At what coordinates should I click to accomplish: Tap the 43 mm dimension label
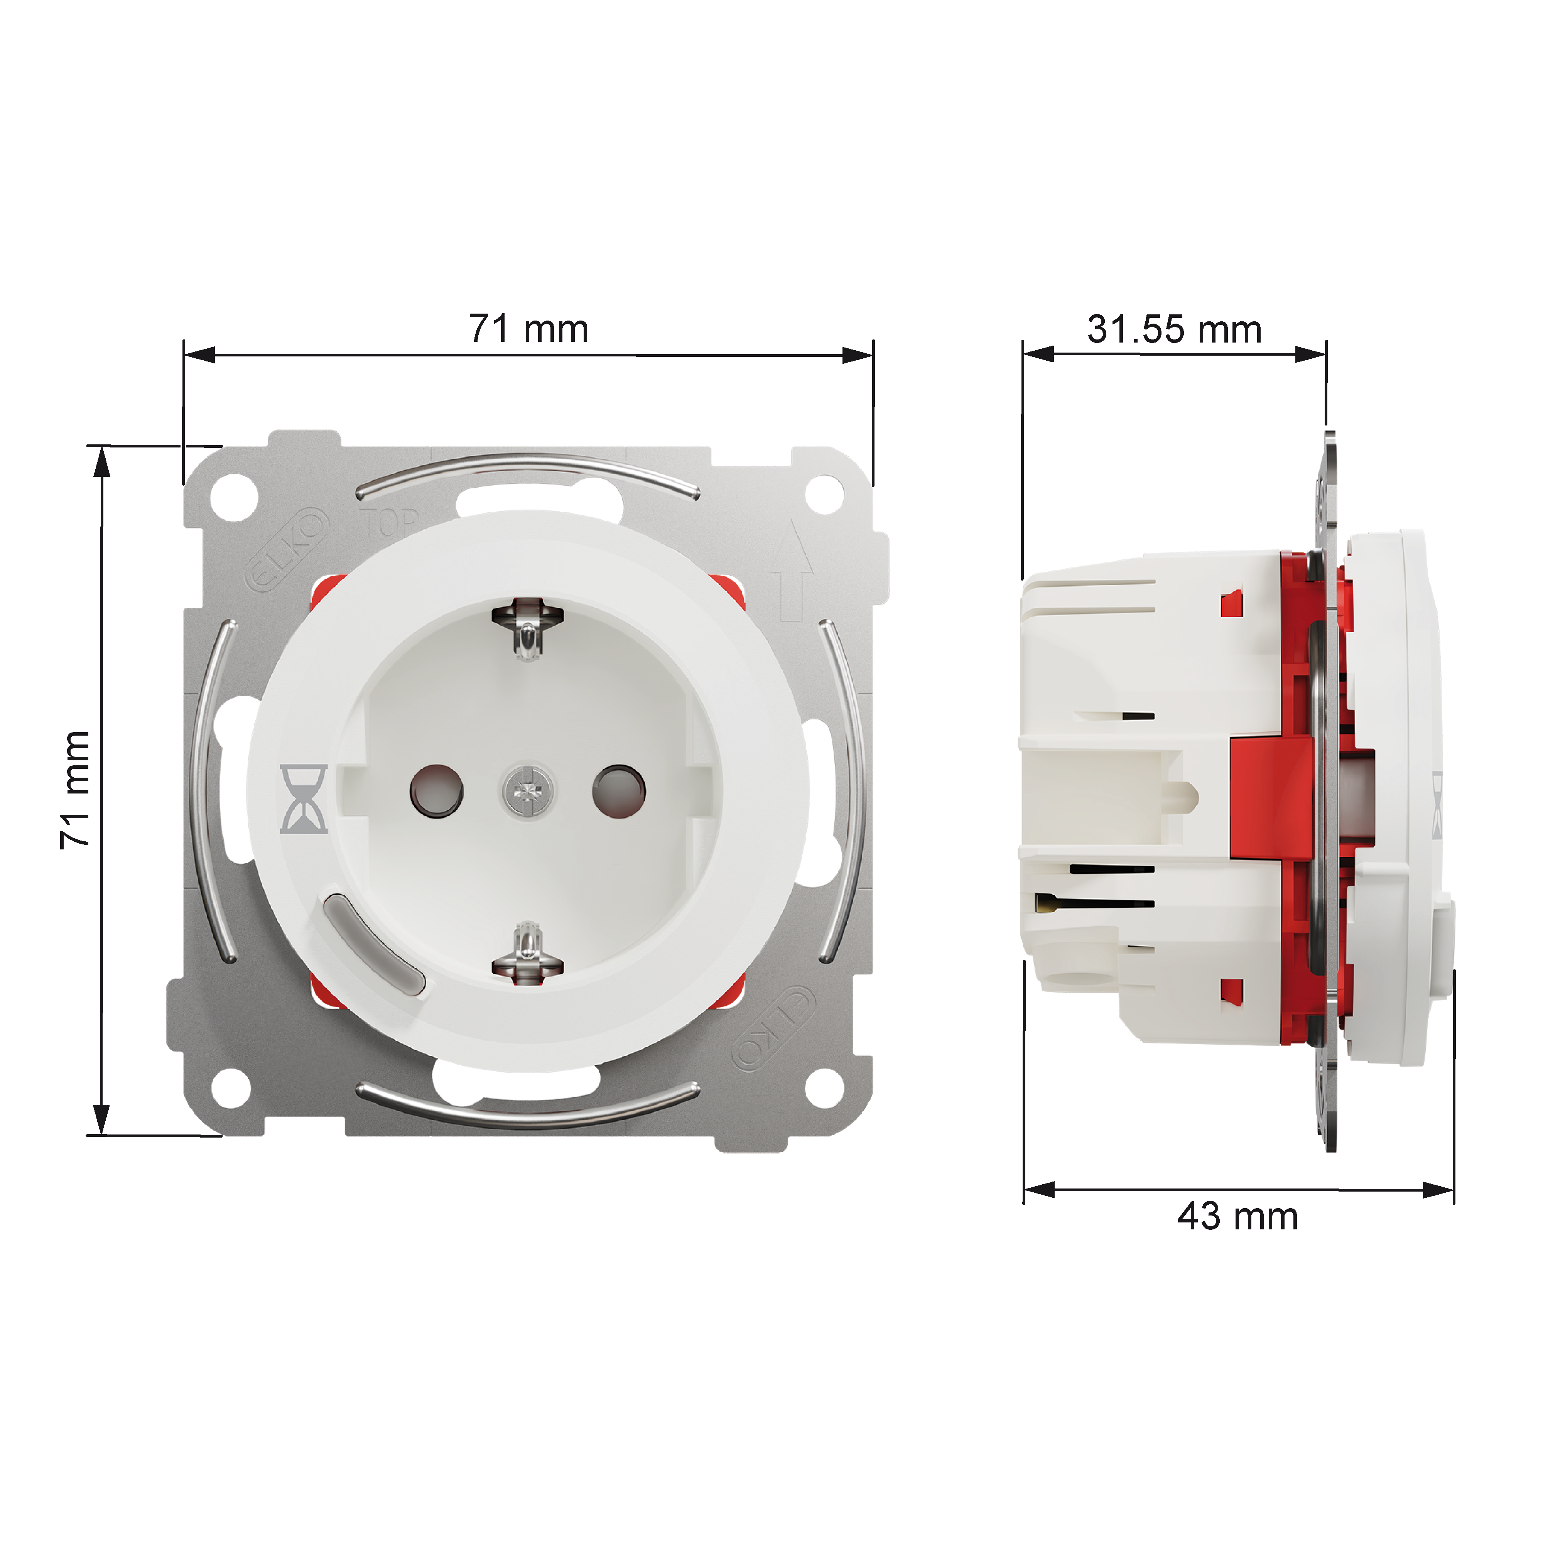1237,1239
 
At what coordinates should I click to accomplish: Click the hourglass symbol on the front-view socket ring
304,799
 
